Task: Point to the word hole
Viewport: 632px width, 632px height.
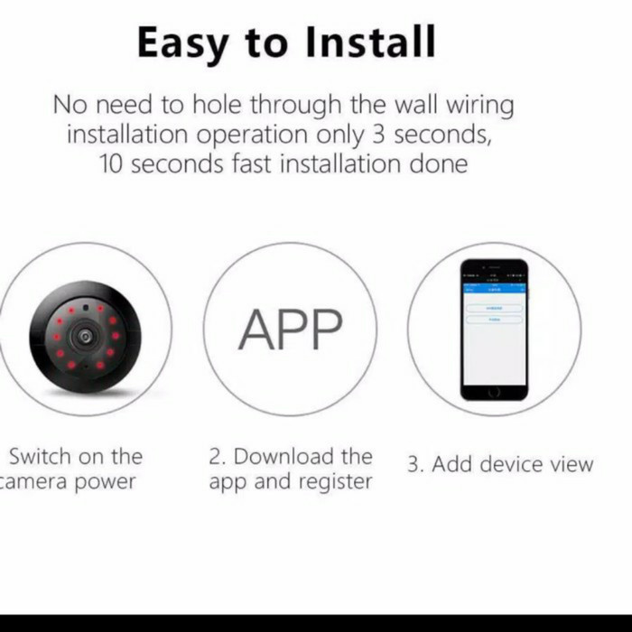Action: [x=214, y=105]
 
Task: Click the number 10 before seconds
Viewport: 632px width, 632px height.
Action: [x=113, y=164]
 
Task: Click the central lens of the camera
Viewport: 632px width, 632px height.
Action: [x=85, y=336]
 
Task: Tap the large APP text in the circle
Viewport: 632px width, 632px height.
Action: [x=290, y=330]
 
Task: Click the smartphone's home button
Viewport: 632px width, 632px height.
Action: [x=494, y=391]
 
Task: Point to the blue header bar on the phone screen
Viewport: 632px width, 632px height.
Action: [x=494, y=288]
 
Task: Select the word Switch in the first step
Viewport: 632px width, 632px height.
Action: [x=38, y=457]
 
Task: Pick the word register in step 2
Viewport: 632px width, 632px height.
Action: [x=332, y=482]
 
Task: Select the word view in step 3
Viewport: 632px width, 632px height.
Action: [x=571, y=465]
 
